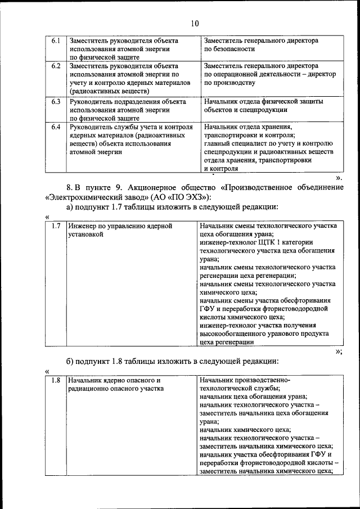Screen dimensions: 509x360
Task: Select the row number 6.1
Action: (56, 41)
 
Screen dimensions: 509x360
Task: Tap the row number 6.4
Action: (56, 127)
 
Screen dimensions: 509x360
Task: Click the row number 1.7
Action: (56, 226)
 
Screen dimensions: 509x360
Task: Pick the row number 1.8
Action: (56, 380)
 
